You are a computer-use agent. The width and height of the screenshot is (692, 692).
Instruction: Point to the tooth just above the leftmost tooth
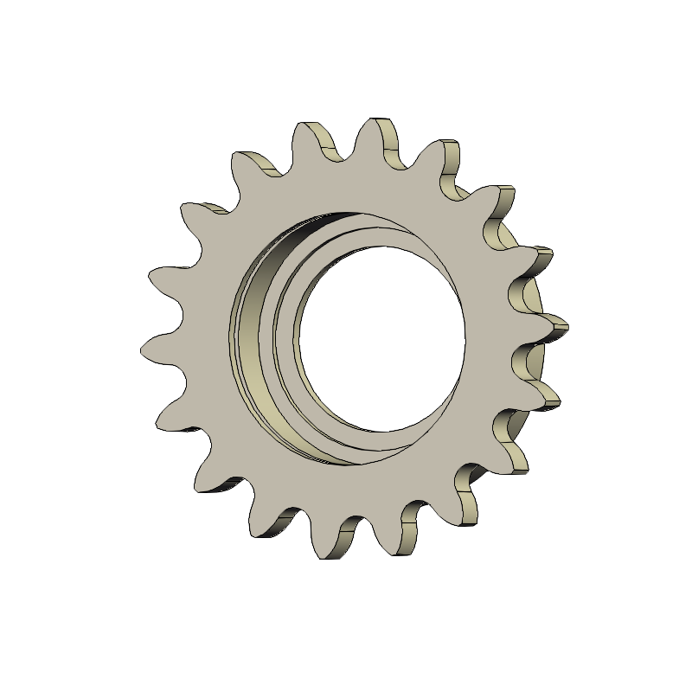point(156,279)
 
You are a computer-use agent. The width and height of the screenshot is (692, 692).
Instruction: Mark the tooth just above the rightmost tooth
point(541,256)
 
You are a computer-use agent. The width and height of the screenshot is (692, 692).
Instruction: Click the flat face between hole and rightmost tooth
point(497,329)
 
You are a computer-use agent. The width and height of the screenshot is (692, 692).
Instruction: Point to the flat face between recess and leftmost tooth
point(199,346)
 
